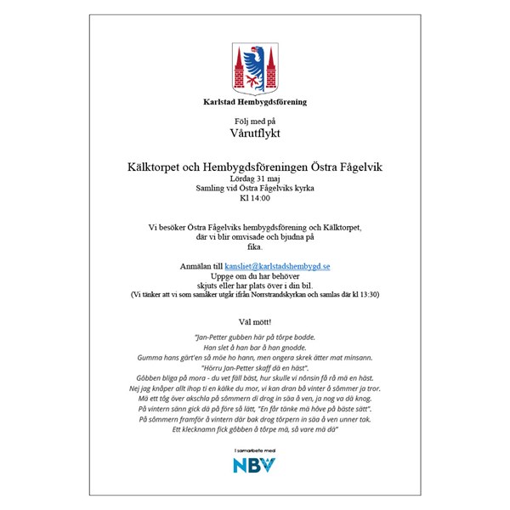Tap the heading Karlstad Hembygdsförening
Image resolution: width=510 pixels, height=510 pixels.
point(255,102)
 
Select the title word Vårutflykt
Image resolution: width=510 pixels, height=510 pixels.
point(255,133)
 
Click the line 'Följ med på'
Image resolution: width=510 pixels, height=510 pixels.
point(255,121)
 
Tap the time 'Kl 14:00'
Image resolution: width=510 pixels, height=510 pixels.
point(255,198)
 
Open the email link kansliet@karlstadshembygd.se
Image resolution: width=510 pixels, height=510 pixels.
point(277,266)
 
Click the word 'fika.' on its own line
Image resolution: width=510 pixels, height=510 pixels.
point(255,246)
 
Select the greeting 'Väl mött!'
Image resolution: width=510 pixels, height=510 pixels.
point(255,322)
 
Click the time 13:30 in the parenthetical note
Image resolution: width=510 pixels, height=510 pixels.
point(368,294)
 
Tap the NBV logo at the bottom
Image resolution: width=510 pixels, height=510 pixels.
point(255,465)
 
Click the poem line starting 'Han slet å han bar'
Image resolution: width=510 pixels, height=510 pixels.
point(255,348)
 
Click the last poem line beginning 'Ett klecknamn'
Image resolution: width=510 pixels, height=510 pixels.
point(255,430)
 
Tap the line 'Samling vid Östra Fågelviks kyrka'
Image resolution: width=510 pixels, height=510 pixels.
point(255,188)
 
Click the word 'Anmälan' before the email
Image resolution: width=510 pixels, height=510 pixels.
point(195,266)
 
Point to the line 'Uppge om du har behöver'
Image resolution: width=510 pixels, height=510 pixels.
point(255,276)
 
